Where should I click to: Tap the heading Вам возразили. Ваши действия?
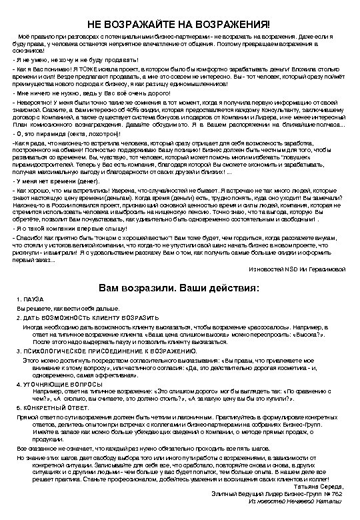pos(180,289)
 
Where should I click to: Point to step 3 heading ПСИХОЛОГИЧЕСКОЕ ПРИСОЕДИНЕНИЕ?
pos(107,350)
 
